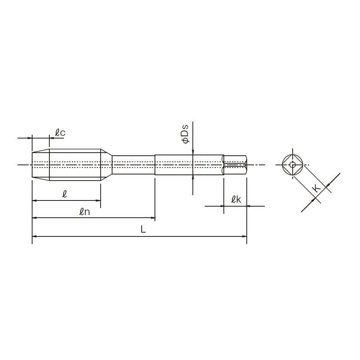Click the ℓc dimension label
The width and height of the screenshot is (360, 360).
(x=60, y=133)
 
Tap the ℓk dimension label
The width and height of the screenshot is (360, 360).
(x=236, y=199)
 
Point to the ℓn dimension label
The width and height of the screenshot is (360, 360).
(x=85, y=212)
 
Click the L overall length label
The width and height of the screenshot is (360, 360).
(x=143, y=230)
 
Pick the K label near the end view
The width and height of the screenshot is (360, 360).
(x=317, y=188)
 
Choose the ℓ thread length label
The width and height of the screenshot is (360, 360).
(x=65, y=194)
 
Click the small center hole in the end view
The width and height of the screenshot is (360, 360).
(x=293, y=165)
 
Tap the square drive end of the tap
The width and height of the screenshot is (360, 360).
(x=235, y=165)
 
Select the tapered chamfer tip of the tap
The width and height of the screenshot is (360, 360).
(x=41, y=165)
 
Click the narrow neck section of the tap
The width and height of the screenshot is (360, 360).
(x=134, y=165)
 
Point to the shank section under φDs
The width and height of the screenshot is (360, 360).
(x=189, y=165)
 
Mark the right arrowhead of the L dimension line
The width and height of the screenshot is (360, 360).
(x=244, y=236)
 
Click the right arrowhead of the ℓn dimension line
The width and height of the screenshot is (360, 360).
(x=153, y=218)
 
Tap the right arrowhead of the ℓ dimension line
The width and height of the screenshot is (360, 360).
(x=98, y=200)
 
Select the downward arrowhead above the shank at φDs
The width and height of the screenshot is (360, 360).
(x=193, y=152)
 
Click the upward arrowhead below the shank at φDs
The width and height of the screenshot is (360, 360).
(x=193, y=178)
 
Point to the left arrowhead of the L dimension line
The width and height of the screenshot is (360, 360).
(x=34, y=236)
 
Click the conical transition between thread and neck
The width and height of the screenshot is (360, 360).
(x=106, y=165)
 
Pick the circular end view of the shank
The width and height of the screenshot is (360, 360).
(x=293, y=165)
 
